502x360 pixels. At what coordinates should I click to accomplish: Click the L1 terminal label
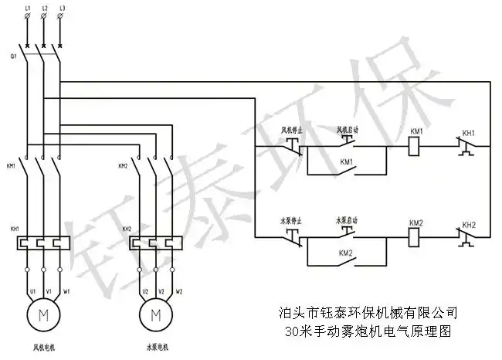pos(28,8)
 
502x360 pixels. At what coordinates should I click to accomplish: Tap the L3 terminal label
pos(60,8)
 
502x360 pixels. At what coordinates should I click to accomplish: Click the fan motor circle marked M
pos(43,314)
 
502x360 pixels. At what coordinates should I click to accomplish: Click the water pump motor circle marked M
pos(156,314)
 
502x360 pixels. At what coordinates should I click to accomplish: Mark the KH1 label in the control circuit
pos(469,133)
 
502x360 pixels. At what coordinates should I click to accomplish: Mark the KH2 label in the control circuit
pos(469,224)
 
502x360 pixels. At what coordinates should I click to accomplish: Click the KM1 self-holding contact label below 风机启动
pos(346,162)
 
